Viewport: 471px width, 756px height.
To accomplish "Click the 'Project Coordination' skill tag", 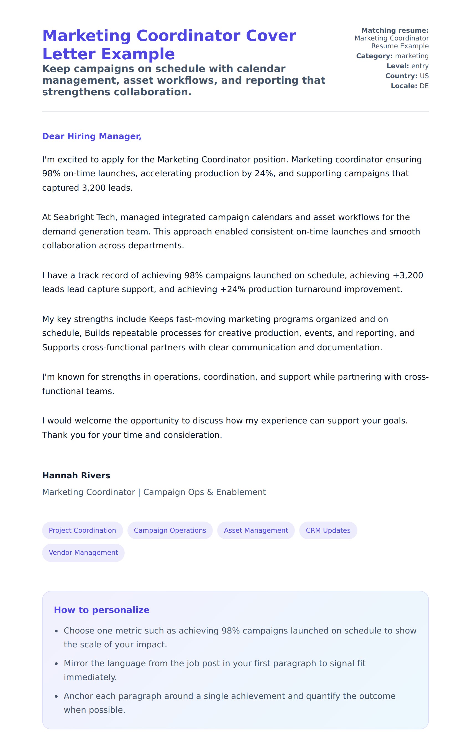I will [82, 530].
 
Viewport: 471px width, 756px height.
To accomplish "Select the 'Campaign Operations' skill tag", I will [170, 530].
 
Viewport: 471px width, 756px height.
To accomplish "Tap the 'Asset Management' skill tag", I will [256, 530].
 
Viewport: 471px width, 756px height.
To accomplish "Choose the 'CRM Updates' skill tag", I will [328, 530].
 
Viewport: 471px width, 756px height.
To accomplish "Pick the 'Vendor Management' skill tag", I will [83, 552].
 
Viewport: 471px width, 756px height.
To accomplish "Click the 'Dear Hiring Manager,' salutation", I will [92, 136].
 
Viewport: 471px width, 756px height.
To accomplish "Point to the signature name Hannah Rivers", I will [76, 475].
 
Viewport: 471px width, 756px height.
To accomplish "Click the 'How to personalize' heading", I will [102, 610].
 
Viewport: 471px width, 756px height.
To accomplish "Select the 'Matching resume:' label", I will [395, 30].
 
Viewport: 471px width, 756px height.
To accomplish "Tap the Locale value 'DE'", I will [424, 86].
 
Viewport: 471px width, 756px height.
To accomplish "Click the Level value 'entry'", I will [420, 66].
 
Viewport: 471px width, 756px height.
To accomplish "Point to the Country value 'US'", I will [424, 76].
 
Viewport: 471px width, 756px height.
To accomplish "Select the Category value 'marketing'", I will [412, 56].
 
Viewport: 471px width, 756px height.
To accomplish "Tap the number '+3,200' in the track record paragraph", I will [408, 275].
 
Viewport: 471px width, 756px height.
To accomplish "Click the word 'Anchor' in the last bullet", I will [77, 696].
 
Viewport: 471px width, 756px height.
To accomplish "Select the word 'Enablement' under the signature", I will [241, 492].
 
